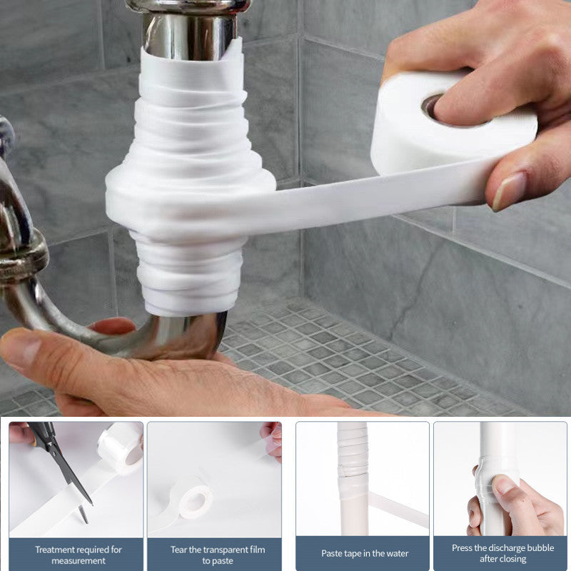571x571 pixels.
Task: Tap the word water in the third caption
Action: pyautogui.click(x=396, y=554)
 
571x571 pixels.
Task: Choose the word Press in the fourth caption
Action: pyautogui.click(x=464, y=548)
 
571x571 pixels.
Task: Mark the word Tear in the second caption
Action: pyautogui.click(x=180, y=549)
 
